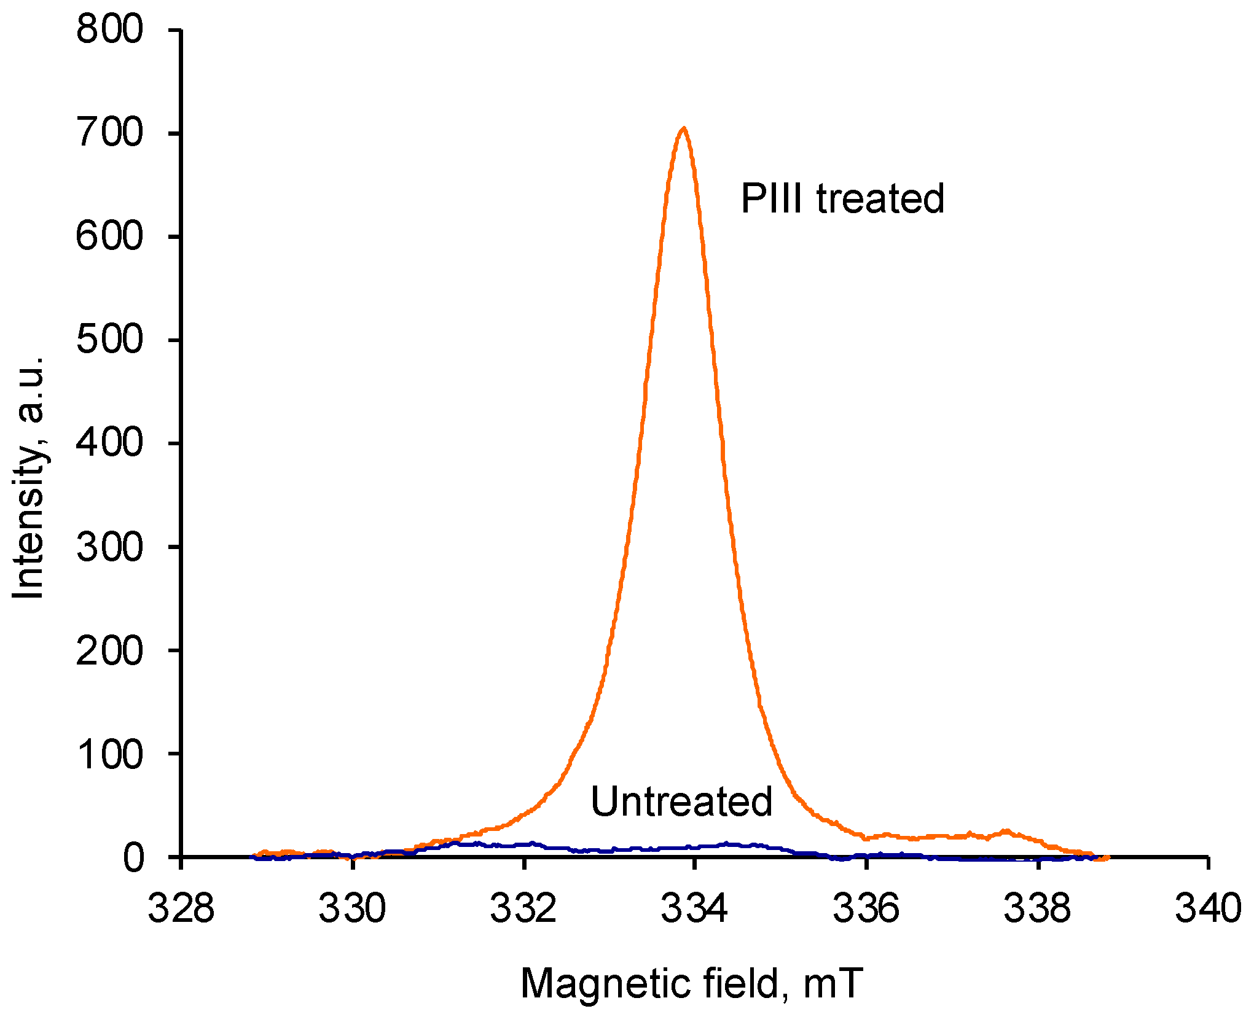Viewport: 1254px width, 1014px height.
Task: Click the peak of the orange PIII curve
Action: coord(683,129)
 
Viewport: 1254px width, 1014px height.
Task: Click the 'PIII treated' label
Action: coord(842,199)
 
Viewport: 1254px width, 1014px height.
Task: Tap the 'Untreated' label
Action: coord(681,802)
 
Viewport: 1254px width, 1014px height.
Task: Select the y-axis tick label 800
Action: coord(109,29)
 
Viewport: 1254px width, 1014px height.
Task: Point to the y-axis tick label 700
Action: coord(109,133)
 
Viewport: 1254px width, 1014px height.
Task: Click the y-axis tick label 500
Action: coord(109,340)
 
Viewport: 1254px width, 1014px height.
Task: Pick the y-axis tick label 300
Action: coord(109,547)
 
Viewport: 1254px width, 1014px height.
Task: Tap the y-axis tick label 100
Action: coord(109,754)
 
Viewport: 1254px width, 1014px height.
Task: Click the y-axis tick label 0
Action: coord(133,857)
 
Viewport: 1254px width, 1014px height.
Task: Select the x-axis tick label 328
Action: coord(181,908)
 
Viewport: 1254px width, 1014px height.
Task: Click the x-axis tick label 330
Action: coord(352,908)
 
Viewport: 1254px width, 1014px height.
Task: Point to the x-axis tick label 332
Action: coord(523,908)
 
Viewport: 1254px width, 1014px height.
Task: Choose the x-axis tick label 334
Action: coord(694,908)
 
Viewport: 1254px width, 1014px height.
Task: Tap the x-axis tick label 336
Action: coord(866,908)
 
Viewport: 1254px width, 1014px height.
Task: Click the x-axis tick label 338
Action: coord(1037,908)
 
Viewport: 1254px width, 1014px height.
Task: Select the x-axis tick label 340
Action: coord(1208,908)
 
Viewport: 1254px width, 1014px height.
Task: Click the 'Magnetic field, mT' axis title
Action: coord(692,984)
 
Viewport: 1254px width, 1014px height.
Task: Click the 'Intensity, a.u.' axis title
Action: coord(29,477)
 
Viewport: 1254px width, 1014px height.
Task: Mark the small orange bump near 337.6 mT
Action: coord(1005,832)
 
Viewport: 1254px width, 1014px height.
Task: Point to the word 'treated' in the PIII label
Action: coord(880,199)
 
